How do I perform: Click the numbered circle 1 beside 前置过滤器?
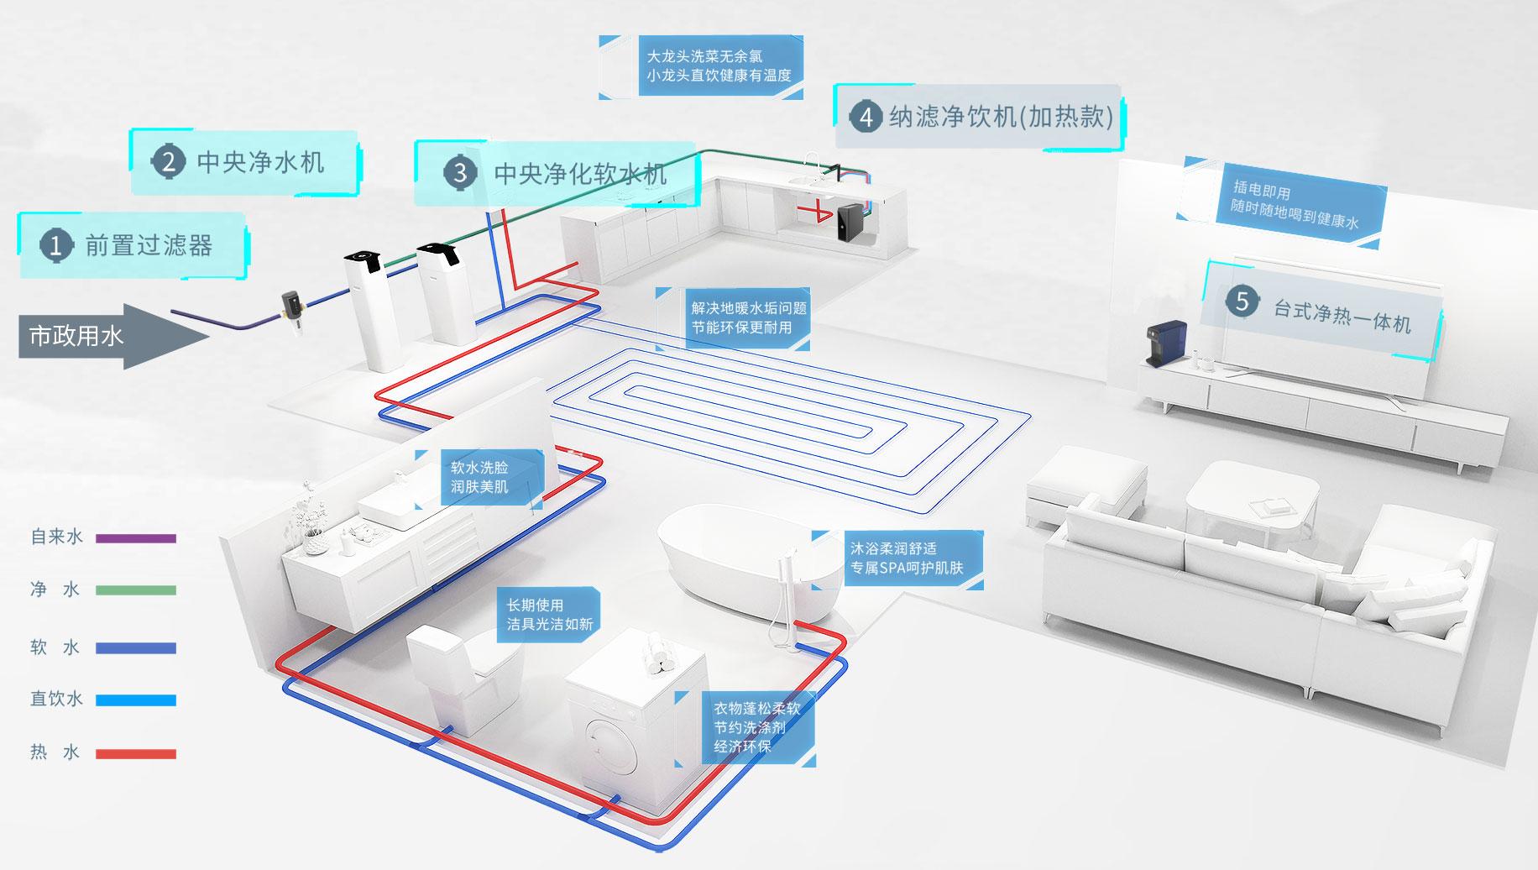tap(56, 245)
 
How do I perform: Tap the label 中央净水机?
tap(260, 161)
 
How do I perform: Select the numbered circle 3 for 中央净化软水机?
tap(459, 173)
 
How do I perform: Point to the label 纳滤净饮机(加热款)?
tap(1001, 116)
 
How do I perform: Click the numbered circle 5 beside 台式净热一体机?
tap(1242, 301)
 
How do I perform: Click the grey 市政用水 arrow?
tap(114, 336)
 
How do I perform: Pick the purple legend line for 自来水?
tap(136, 538)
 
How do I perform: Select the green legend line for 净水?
tap(136, 590)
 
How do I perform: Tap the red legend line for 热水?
tap(136, 754)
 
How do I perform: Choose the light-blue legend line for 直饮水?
tap(136, 700)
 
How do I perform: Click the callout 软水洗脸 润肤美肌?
tap(479, 477)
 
